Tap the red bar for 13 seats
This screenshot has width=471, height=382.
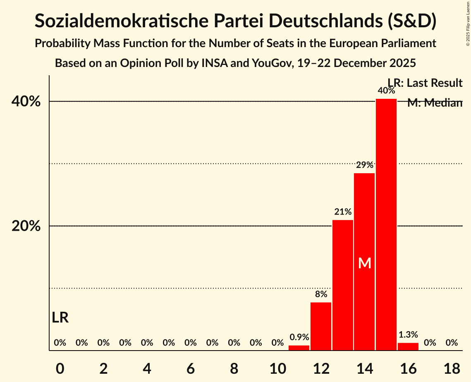tap(343, 285)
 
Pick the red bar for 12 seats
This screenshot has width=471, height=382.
tap(321, 327)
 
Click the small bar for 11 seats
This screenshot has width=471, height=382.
tap(299, 348)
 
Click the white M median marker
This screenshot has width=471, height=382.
tap(365, 263)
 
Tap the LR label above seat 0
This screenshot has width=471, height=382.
tap(60, 318)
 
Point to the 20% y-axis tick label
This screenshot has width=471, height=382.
tap(29, 226)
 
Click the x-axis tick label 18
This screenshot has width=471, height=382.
tap(452, 368)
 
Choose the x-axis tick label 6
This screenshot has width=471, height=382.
tap(191, 368)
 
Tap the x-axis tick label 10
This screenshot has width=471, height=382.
tap(277, 368)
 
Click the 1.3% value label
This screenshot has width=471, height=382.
tap(408, 334)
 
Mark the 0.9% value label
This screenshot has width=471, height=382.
tap(299, 337)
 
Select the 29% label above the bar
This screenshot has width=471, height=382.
tap(364, 165)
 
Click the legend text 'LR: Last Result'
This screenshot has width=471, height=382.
tap(425, 83)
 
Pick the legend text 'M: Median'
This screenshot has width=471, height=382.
tap(435, 103)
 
